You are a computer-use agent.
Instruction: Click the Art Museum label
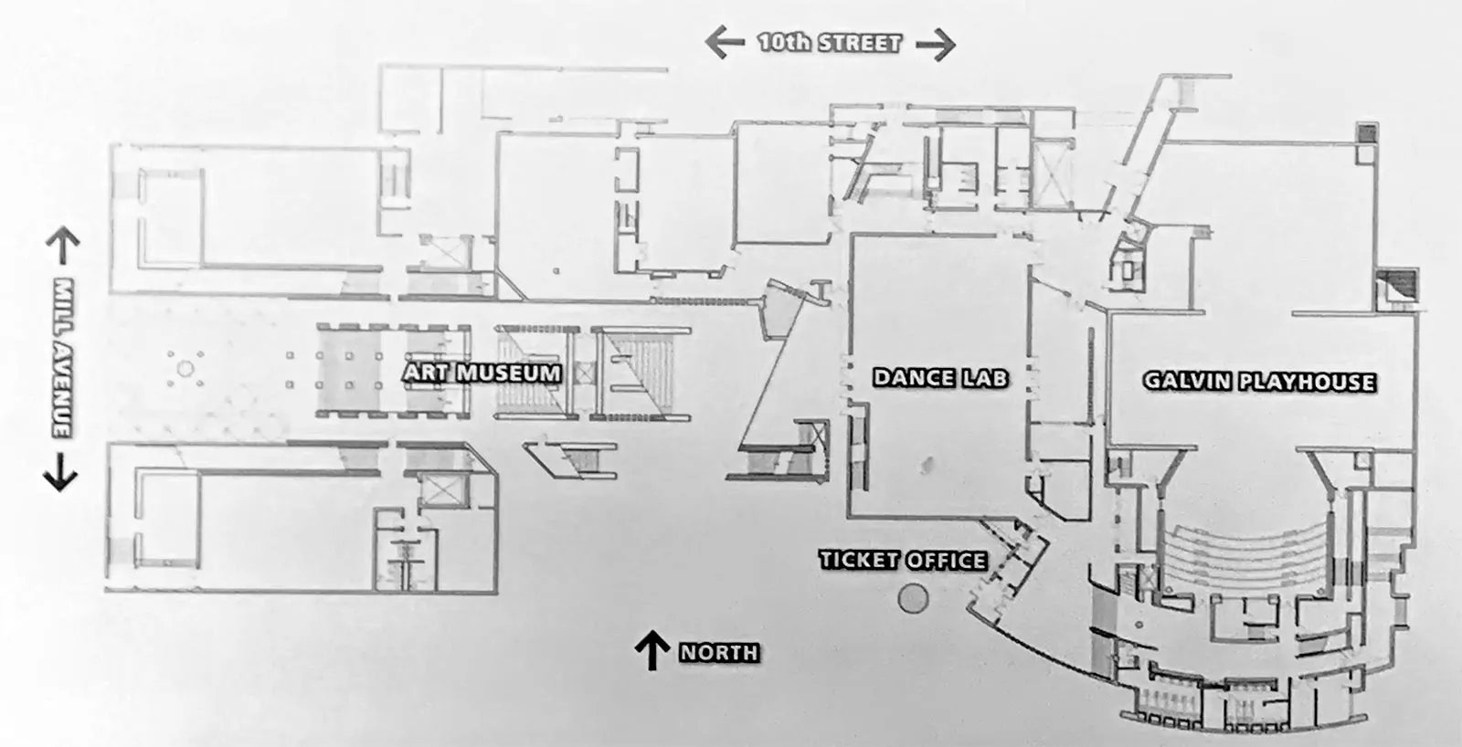[x=482, y=373]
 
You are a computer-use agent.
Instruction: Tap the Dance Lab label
[x=940, y=378]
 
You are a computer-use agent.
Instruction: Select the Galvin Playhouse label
[x=1260, y=382]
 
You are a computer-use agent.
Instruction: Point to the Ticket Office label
[x=903, y=560]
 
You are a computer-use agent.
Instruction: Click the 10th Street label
[x=831, y=43]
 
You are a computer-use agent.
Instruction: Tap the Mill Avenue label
[x=63, y=358]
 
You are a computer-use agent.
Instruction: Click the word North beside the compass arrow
[x=719, y=652]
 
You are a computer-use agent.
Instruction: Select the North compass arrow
[x=652, y=650]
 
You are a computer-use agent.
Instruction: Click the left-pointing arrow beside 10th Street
[x=725, y=42]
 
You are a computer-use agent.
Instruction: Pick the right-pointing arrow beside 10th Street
[x=936, y=45]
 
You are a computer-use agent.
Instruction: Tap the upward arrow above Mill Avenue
[x=63, y=246]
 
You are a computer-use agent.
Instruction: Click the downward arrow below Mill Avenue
[x=60, y=472]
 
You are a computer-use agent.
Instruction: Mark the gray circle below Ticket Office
[x=913, y=597]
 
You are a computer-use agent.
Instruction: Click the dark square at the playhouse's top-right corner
[x=1367, y=133]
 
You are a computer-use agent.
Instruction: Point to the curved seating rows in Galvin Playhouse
[x=1246, y=554]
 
